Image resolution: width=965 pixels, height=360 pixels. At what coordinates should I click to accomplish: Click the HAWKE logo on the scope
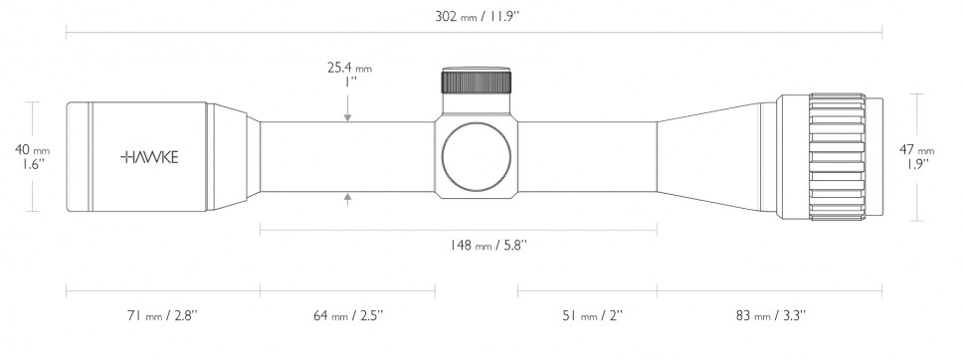point(149,157)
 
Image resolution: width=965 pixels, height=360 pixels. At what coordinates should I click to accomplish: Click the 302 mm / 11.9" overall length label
point(478,17)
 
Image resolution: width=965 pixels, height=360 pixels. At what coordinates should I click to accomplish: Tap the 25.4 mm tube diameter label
point(349,68)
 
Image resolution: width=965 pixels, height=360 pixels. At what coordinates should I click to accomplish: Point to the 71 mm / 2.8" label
point(162,315)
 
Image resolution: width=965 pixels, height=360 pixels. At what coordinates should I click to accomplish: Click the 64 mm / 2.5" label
point(348,315)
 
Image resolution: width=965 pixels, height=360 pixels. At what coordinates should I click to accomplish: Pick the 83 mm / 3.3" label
point(771,315)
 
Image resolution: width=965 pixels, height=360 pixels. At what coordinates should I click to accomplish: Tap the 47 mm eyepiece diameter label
point(917,149)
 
